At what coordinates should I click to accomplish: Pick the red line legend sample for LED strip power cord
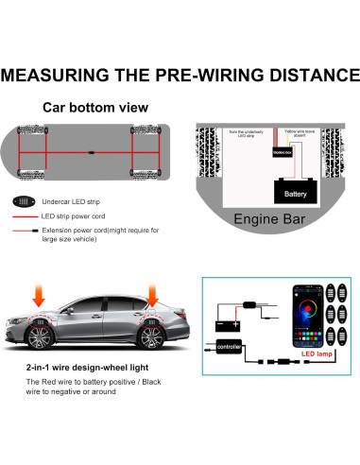[x=24, y=216]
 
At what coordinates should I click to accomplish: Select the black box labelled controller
[x=231, y=346]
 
